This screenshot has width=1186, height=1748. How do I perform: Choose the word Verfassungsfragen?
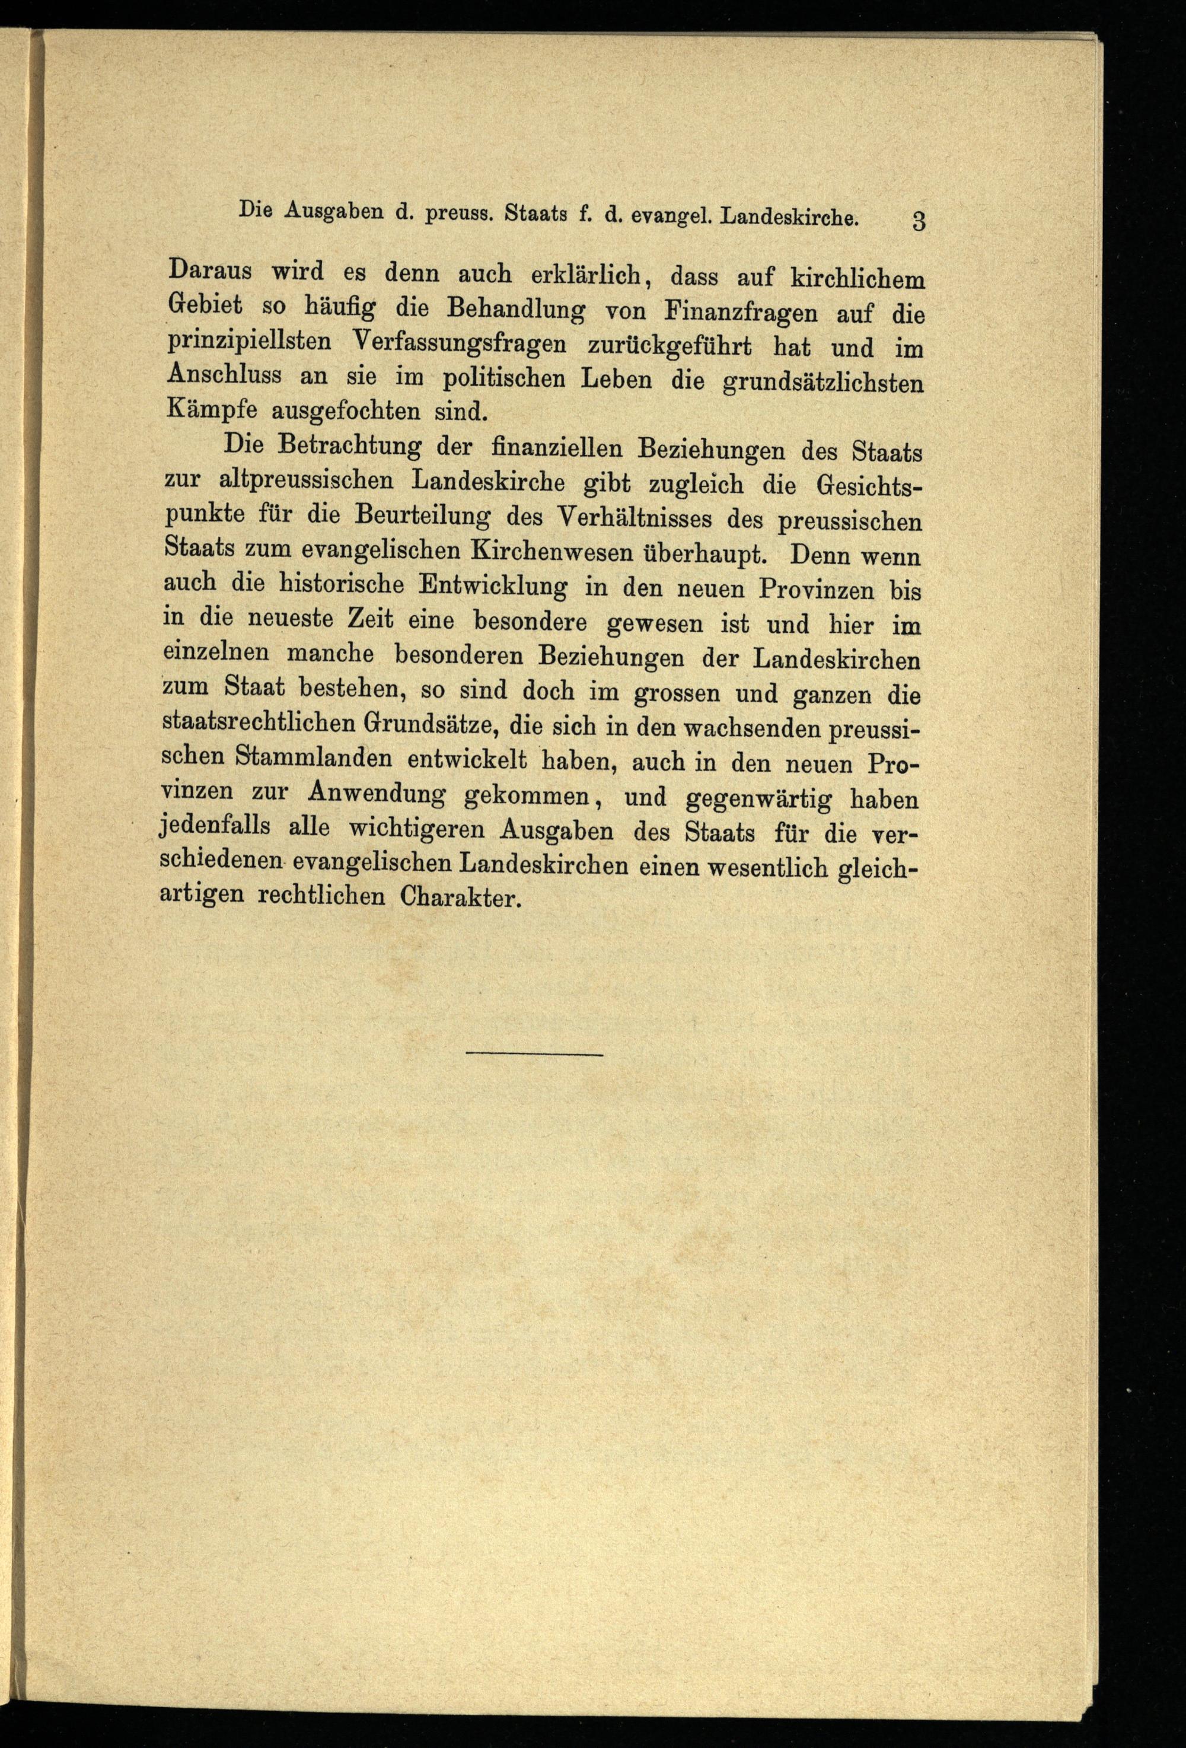coord(457,345)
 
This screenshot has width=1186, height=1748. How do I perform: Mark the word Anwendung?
coord(367,794)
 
